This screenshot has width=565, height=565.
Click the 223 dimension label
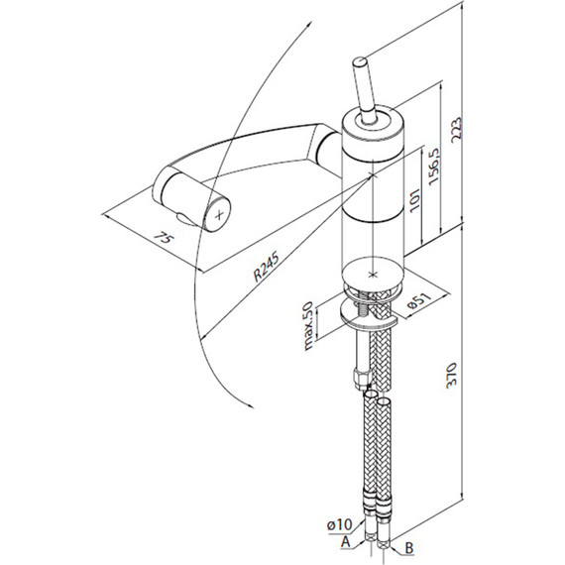(x=456, y=130)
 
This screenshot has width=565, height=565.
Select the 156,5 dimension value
(x=434, y=167)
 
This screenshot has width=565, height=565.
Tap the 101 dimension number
(x=415, y=200)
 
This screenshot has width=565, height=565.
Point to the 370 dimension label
(x=451, y=375)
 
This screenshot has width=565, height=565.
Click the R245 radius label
(x=267, y=267)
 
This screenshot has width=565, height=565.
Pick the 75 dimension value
(x=164, y=238)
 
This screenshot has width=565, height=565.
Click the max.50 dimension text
(x=309, y=326)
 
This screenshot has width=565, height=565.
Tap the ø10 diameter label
(x=340, y=524)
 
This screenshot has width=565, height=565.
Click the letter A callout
(x=346, y=541)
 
